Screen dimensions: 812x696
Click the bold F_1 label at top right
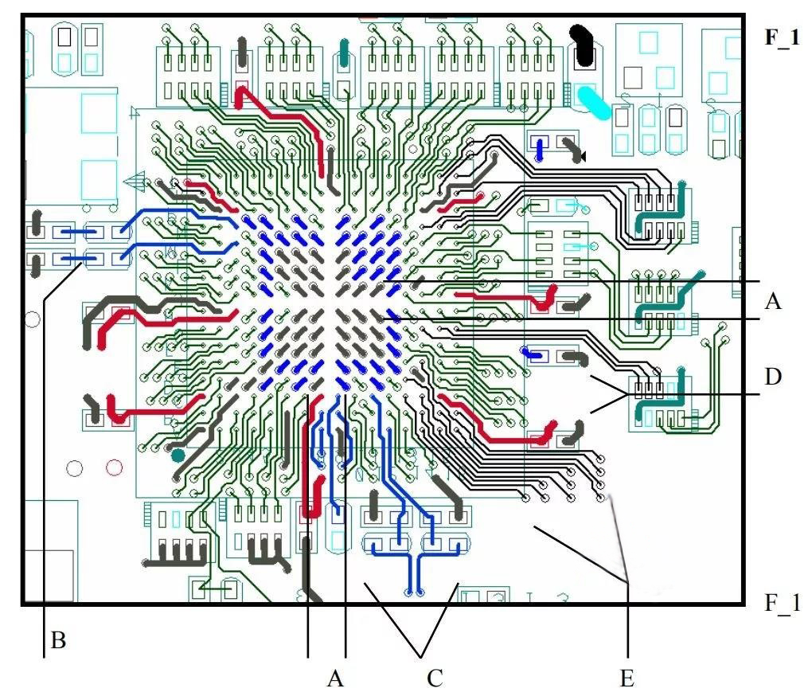[x=782, y=38]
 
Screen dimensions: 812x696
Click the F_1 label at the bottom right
[x=782, y=603]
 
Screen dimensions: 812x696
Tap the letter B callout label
[x=58, y=640]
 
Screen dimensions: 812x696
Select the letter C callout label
[x=435, y=678]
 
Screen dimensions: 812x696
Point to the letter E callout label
[x=627, y=678]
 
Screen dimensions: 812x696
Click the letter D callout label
[x=773, y=377]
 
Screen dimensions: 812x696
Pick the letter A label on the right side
[x=773, y=300]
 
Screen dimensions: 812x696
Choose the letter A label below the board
[x=335, y=678]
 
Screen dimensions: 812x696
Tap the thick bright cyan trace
[x=593, y=103]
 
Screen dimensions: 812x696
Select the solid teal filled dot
[x=178, y=456]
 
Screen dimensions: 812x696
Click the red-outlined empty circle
[x=114, y=468]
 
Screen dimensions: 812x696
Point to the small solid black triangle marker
[x=583, y=155]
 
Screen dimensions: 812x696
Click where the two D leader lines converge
[x=627, y=395]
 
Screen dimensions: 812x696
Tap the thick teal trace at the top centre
[x=345, y=53]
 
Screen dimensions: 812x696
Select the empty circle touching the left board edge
[x=32, y=319]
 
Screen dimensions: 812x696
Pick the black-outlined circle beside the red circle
[x=74, y=468]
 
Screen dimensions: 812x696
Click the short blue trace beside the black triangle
[x=540, y=149]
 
